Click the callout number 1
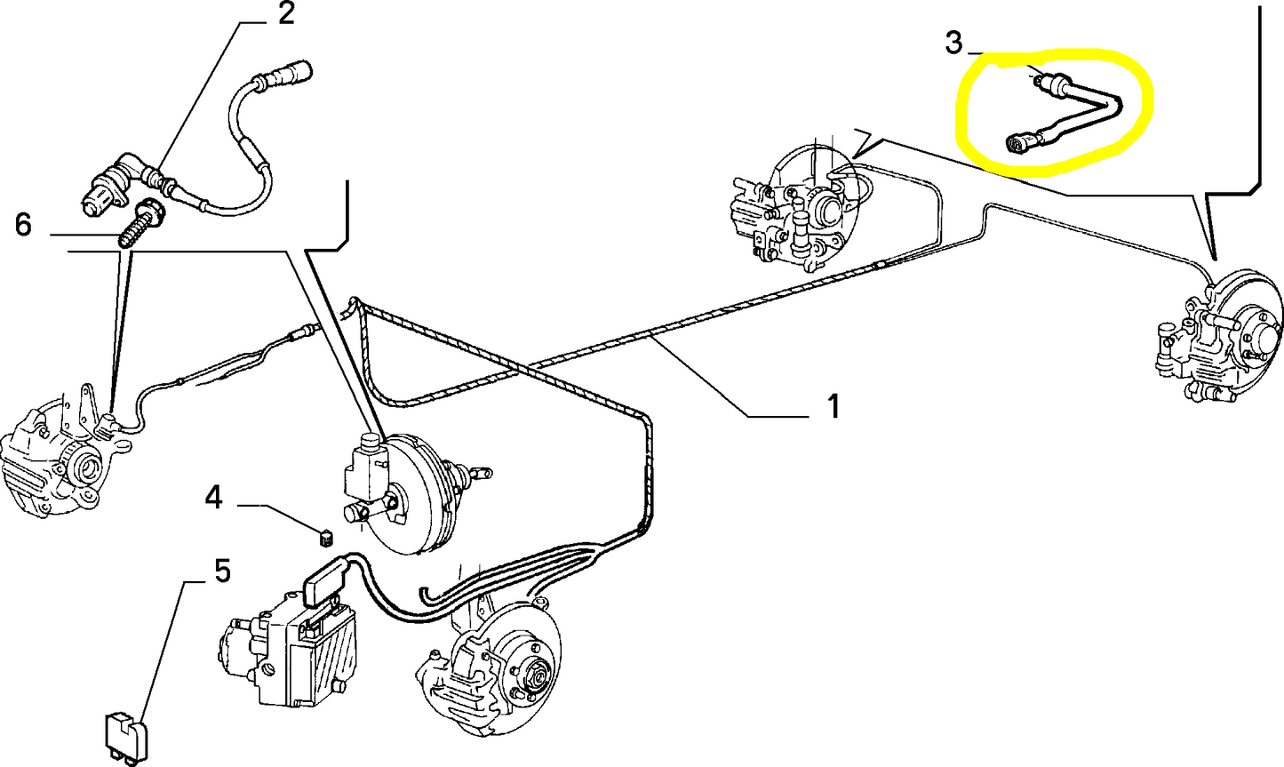[833, 407]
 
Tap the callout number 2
[285, 14]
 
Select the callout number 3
[953, 42]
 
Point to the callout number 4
[213, 497]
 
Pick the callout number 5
[221, 571]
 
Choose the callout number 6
[23, 225]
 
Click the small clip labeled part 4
[325, 536]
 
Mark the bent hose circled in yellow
[1076, 113]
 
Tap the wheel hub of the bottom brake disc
[535, 678]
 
